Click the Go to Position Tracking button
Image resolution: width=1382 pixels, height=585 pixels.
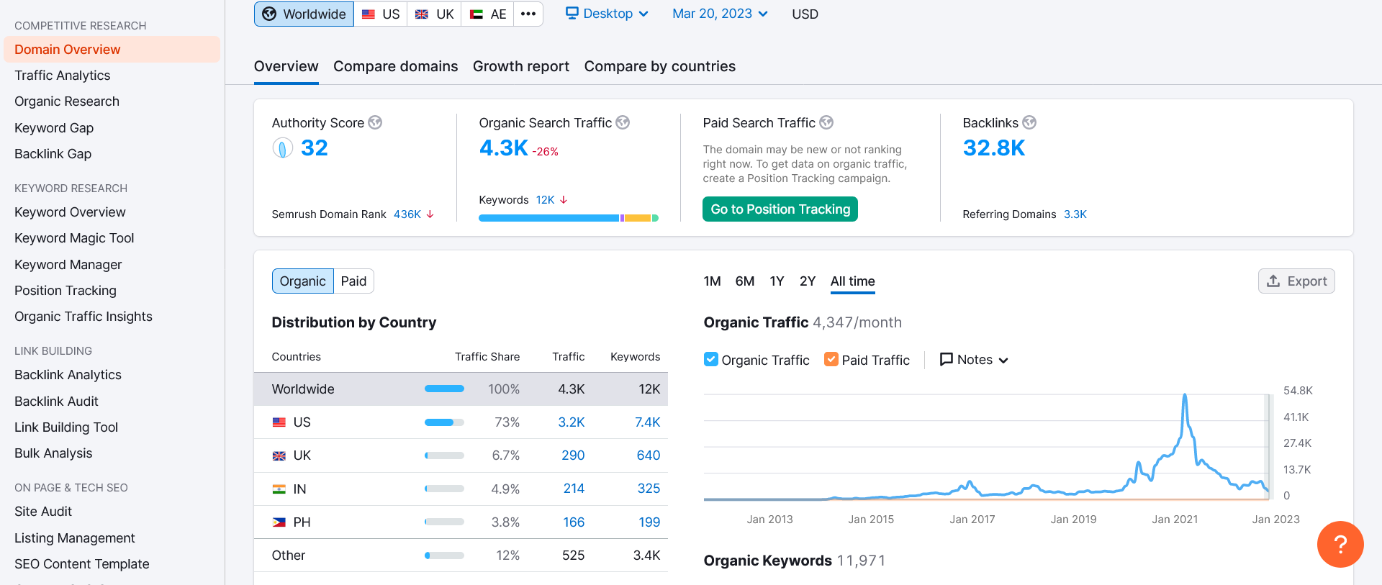coord(780,209)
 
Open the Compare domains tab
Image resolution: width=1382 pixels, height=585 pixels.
coord(395,66)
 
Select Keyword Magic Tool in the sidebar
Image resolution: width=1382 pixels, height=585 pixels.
coord(74,238)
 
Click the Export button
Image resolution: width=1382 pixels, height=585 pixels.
coord(1296,281)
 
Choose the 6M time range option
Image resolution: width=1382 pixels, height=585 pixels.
coord(745,281)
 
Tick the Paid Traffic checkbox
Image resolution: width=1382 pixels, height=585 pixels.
coord(831,359)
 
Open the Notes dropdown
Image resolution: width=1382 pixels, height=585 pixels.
coord(974,360)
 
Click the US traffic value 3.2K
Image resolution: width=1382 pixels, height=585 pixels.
coord(572,422)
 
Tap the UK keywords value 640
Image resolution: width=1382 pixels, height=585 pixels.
coord(649,455)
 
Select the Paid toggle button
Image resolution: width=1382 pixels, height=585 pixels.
coord(353,281)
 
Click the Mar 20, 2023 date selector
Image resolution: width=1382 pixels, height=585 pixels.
coord(720,14)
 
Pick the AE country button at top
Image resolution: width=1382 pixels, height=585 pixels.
coord(487,14)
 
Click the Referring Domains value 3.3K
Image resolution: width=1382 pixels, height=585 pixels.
coord(1075,214)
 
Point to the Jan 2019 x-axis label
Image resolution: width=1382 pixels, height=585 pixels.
coord(1073,520)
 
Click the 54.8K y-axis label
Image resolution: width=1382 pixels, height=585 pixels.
coord(1298,391)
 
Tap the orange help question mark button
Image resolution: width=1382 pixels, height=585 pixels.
coord(1340,544)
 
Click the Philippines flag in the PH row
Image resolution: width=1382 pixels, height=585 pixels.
coord(279,522)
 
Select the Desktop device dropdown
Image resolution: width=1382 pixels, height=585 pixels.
coord(607,14)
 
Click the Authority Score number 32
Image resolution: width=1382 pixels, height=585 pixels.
coord(315,148)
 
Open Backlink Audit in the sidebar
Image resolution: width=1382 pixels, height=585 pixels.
coord(56,402)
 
